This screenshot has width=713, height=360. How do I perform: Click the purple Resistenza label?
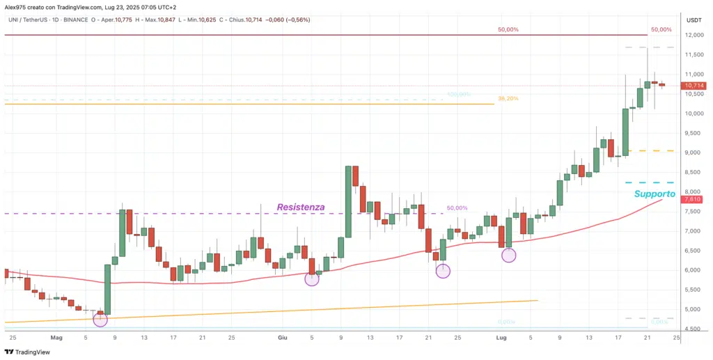(x=301, y=207)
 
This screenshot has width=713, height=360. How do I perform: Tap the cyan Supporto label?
(x=655, y=194)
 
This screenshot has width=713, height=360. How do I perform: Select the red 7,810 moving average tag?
(x=692, y=200)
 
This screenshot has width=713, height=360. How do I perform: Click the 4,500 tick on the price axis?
(x=693, y=329)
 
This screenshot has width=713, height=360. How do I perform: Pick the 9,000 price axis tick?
(x=693, y=152)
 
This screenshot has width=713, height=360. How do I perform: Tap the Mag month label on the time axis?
(x=56, y=337)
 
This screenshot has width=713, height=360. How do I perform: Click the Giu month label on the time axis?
(x=283, y=337)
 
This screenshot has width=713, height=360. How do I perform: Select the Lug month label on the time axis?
(x=501, y=337)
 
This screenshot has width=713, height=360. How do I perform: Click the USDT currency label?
(x=694, y=19)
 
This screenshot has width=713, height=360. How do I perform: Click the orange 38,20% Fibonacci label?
(x=508, y=99)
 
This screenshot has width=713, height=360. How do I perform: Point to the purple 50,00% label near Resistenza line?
(x=457, y=208)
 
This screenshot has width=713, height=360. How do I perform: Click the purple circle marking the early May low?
(x=100, y=320)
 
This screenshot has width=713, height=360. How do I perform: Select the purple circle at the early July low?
(x=509, y=255)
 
